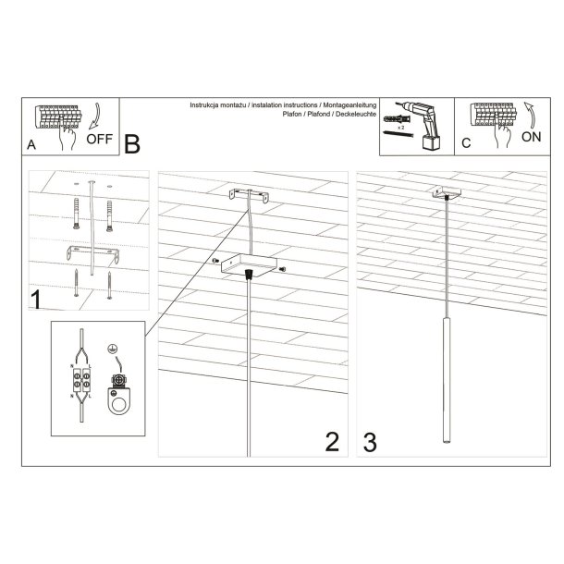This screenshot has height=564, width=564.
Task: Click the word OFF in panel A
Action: [99, 141]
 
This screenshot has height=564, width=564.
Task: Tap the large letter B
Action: [132, 145]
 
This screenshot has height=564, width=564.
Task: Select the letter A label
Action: [32, 145]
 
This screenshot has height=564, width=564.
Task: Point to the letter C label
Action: [465, 143]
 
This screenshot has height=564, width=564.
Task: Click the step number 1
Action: [36, 300]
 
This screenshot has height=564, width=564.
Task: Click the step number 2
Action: [332, 442]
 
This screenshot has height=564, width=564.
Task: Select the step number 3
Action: [371, 442]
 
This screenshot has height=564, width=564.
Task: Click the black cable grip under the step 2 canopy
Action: [248, 275]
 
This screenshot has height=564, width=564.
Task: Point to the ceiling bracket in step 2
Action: [248, 196]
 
